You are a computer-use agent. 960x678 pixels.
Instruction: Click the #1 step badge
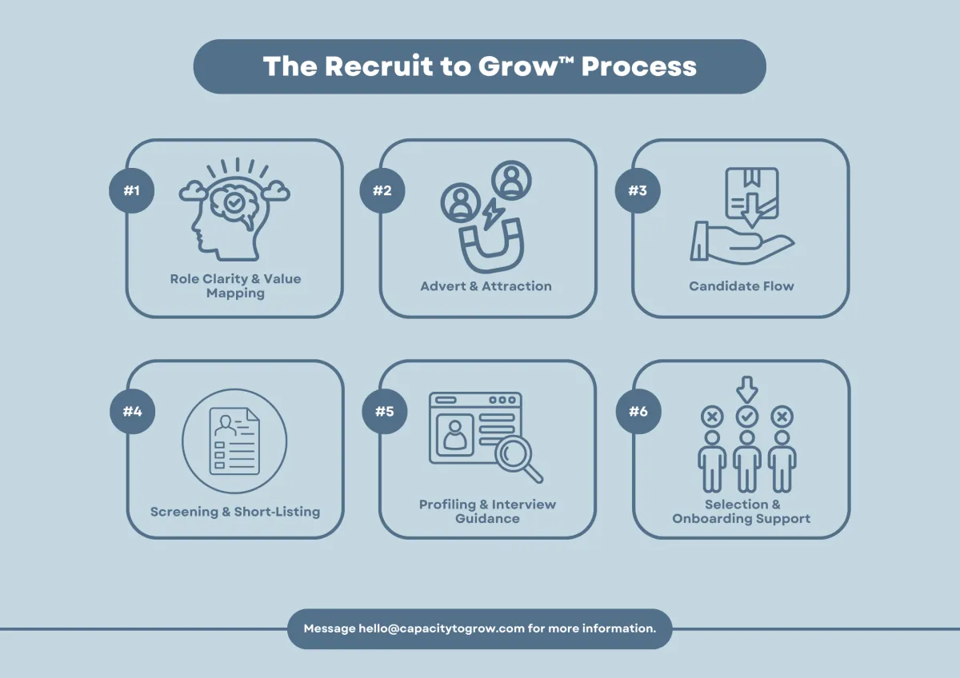(x=132, y=191)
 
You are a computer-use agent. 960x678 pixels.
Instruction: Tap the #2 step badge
(x=382, y=191)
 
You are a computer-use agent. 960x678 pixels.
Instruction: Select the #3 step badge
(x=638, y=191)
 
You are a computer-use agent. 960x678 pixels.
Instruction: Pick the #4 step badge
(x=132, y=412)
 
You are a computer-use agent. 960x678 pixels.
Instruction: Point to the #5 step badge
(x=384, y=412)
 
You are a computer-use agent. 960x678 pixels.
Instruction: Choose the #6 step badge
(x=638, y=412)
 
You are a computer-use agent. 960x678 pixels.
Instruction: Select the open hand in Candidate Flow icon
(x=740, y=241)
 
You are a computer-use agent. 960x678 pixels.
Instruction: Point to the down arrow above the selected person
(x=746, y=389)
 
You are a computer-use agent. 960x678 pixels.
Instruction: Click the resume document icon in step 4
(x=234, y=441)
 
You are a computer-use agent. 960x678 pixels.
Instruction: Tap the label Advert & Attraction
(x=486, y=286)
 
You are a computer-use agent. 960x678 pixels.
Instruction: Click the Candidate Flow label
(x=742, y=286)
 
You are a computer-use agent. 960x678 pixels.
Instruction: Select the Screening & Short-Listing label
(x=235, y=512)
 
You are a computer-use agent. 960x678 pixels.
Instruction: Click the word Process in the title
(x=638, y=66)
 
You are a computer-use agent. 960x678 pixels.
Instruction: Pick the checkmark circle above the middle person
(x=746, y=417)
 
